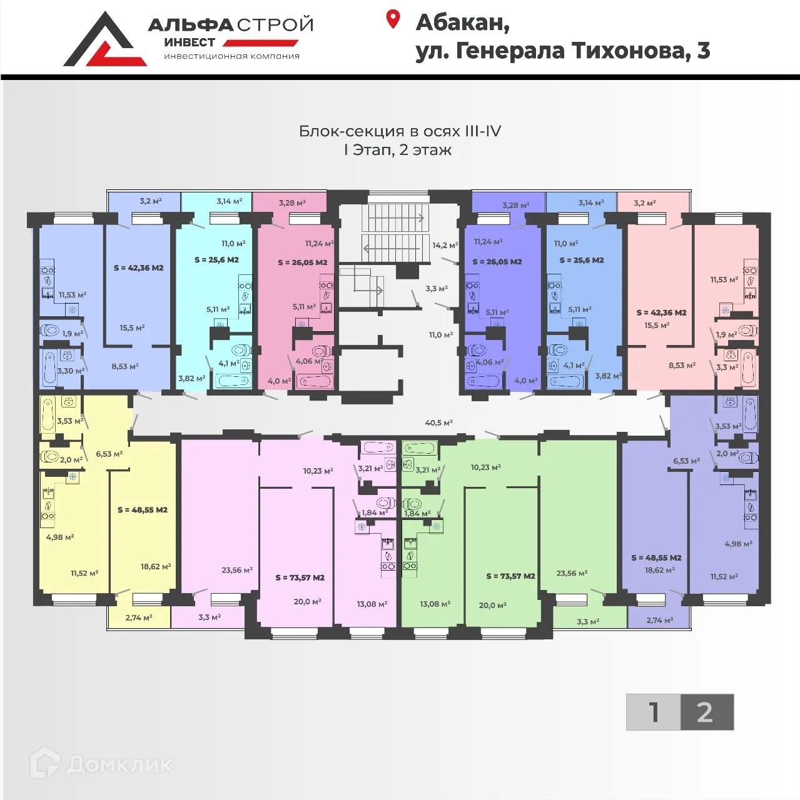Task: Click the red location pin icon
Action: (x=393, y=19)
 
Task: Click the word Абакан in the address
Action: (x=462, y=22)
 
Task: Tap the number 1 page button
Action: (x=653, y=712)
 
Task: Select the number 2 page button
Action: (x=707, y=712)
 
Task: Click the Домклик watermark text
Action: (x=119, y=764)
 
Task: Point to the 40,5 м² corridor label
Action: (x=439, y=422)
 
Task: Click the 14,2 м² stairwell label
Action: (x=445, y=245)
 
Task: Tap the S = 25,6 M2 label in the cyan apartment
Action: (x=216, y=260)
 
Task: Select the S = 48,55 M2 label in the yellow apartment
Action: (x=143, y=510)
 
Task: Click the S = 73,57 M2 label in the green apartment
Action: (x=511, y=576)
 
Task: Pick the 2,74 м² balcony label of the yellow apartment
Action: (x=139, y=617)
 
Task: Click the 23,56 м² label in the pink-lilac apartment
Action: (x=237, y=570)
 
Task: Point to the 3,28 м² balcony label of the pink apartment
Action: (x=292, y=202)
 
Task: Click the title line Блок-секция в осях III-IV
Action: (x=400, y=131)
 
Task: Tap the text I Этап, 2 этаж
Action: (x=398, y=149)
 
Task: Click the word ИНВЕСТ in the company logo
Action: (x=190, y=42)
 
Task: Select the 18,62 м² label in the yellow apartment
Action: (x=156, y=566)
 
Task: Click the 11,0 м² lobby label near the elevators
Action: (x=441, y=334)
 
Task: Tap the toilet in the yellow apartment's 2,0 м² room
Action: (x=50, y=457)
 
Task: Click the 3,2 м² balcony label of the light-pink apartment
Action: (x=645, y=202)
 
